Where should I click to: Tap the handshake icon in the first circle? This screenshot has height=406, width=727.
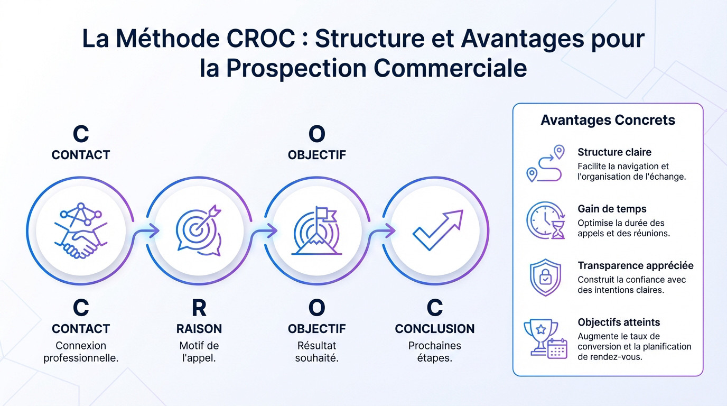tap(81, 231)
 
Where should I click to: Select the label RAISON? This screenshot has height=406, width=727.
tap(199, 329)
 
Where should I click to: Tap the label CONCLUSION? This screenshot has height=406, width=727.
tap(435, 329)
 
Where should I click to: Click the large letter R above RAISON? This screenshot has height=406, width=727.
tap(199, 308)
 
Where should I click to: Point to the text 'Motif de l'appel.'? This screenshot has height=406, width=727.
tap(199, 352)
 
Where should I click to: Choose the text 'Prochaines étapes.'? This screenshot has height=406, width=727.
tap(435, 352)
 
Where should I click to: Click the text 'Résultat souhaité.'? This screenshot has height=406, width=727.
tap(317, 352)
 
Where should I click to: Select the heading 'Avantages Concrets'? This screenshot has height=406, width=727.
tap(608, 120)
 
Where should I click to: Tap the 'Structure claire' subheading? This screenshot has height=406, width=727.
tap(614, 152)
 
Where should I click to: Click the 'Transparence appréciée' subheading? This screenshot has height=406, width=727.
tap(636, 265)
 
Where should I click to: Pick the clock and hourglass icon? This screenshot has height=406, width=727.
tap(546, 220)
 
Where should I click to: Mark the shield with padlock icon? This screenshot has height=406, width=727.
tap(545, 277)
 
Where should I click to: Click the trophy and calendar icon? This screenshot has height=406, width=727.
tap(546, 339)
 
